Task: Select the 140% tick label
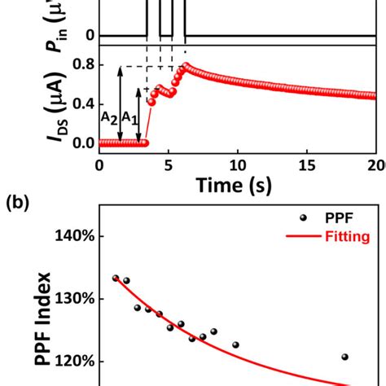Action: tap(75, 236)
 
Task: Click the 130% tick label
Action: tap(75, 299)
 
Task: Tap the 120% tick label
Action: tap(75, 362)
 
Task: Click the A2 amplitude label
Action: tap(109, 117)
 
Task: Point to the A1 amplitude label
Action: tap(129, 117)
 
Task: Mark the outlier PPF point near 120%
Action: tap(344, 357)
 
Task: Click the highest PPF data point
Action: tap(116, 278)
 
